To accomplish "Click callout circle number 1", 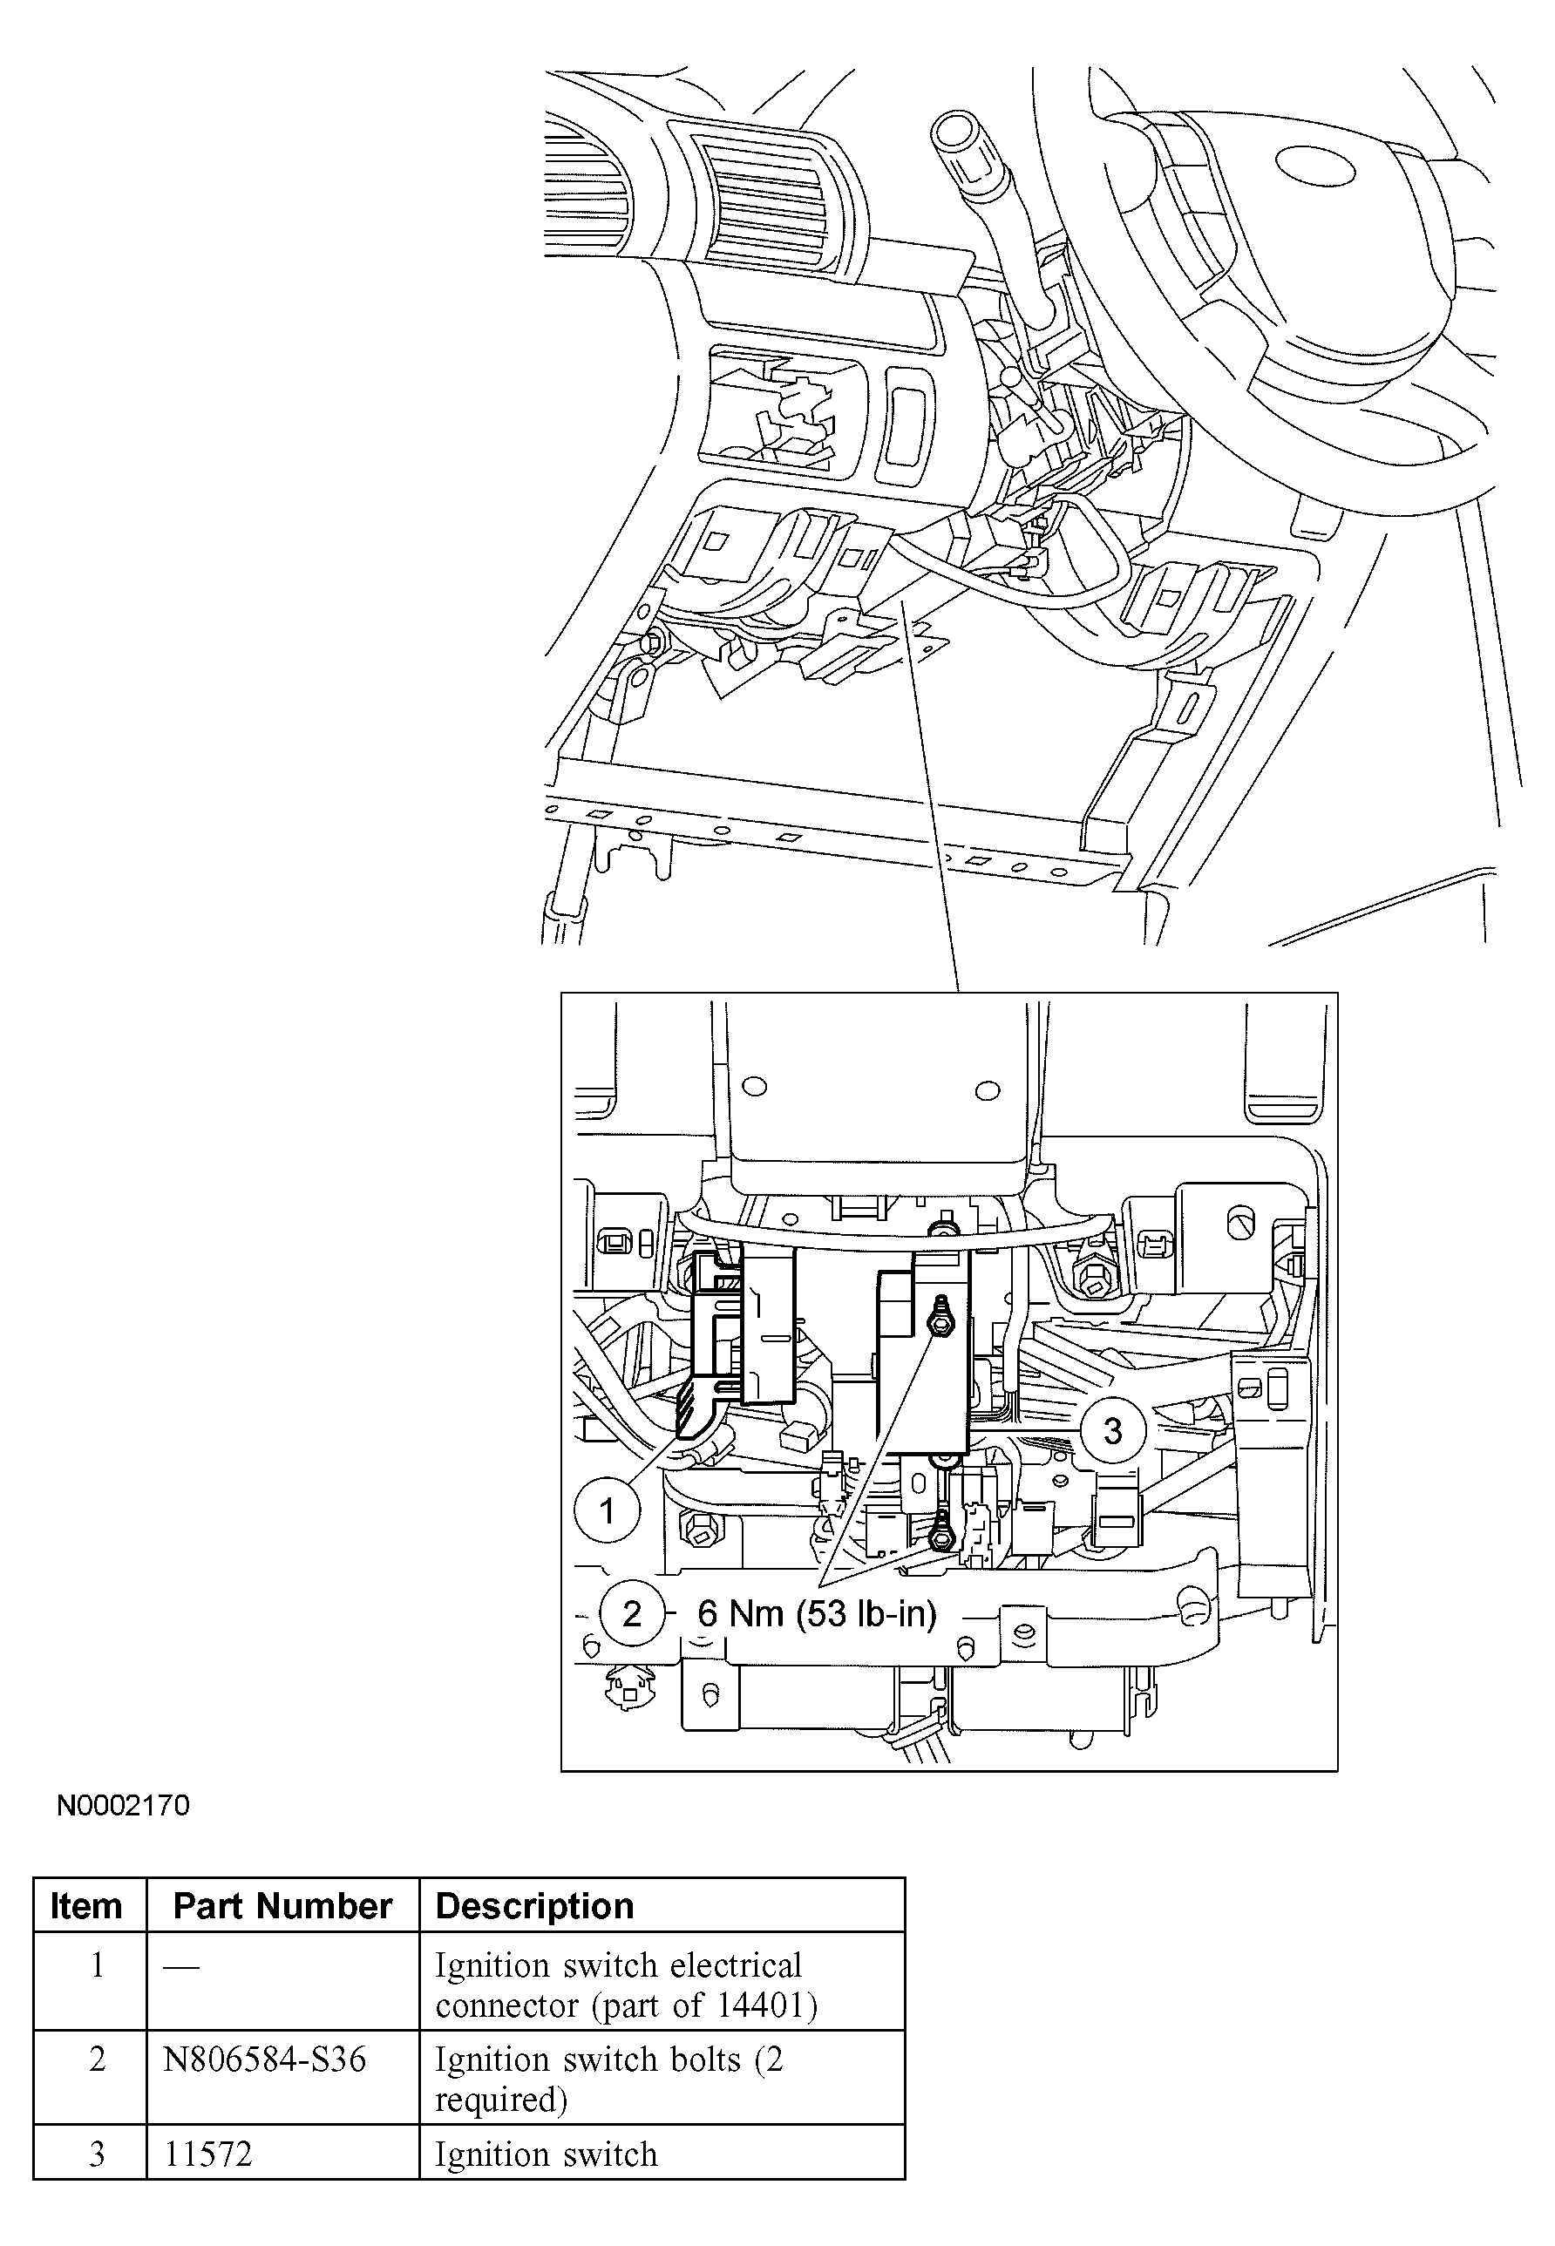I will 607,1510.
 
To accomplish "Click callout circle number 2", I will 631,1613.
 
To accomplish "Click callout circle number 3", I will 1111,1430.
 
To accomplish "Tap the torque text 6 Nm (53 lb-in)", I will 817,1614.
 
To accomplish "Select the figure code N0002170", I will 123,1805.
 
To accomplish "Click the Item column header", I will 86,1905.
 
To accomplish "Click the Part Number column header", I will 282,1905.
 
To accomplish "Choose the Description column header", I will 534,1905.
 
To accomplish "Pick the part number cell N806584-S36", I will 264,2059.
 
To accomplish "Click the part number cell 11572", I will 207,2154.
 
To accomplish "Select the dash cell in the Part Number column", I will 181,1966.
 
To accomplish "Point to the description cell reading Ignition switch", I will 546,2154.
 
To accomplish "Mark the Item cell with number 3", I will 97,2154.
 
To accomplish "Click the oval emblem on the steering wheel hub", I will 1315,166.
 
